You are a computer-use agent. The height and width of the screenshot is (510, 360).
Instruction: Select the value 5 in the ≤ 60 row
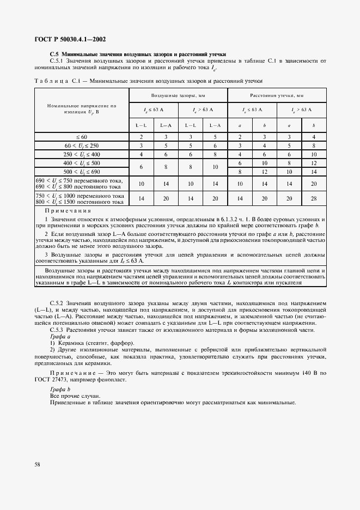216,137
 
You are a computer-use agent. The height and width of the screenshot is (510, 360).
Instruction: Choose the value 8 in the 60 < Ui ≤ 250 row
314,146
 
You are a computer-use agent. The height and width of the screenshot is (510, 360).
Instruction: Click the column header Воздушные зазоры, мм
178,95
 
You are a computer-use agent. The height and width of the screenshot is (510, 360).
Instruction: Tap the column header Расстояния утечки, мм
277,95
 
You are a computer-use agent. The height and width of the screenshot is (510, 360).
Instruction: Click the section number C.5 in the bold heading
54,54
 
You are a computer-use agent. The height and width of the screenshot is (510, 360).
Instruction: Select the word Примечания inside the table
68,210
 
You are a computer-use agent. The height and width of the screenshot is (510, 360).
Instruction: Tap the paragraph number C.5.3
57,330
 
